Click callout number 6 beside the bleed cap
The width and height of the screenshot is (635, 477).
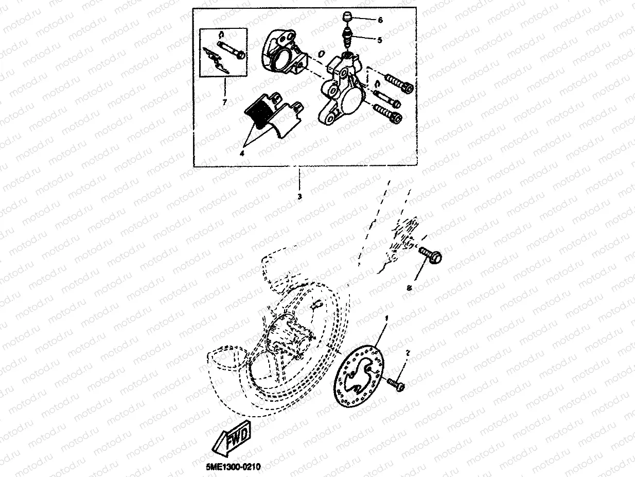[x=380, y=21]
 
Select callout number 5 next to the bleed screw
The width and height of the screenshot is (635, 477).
[x=379, y=39]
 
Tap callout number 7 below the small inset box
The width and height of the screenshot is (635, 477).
[x=224, y=102]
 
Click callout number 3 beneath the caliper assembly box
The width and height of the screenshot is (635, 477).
[x=299, y=196]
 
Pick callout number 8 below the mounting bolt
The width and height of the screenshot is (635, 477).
[x=410, y=289]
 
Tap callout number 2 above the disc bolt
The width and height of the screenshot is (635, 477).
[x=408, y=353]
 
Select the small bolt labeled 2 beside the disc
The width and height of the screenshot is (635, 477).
[x=397, y=384]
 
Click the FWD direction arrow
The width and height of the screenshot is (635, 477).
[x=233, y=440]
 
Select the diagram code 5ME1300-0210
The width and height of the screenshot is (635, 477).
[x=233, y=467]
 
